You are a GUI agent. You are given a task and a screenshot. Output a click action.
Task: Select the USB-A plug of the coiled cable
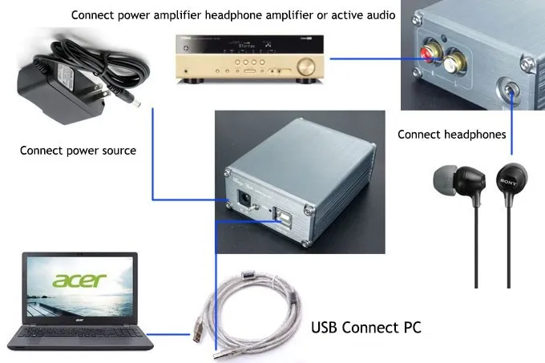[200, 330]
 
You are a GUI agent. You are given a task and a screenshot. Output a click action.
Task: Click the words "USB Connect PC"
[365, 327]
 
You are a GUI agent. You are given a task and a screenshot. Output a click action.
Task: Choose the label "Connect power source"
[78, 150]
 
